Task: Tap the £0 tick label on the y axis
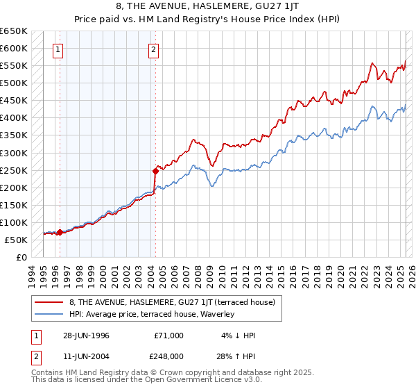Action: tap(21, 257)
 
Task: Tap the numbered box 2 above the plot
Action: tap(153, 49)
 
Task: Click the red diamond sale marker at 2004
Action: tap(155, 170)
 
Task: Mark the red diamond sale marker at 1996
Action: tap(60, 232)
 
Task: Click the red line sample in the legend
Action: tap(49, 302)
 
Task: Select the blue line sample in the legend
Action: tap(49, 314)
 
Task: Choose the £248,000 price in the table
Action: tap(169, 356)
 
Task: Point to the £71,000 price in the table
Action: tap(169, 336)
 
